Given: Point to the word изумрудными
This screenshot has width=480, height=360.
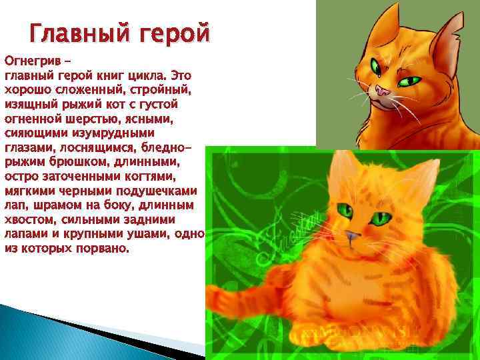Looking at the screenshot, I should point(134,133).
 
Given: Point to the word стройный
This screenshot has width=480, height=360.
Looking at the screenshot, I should point(165,90).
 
